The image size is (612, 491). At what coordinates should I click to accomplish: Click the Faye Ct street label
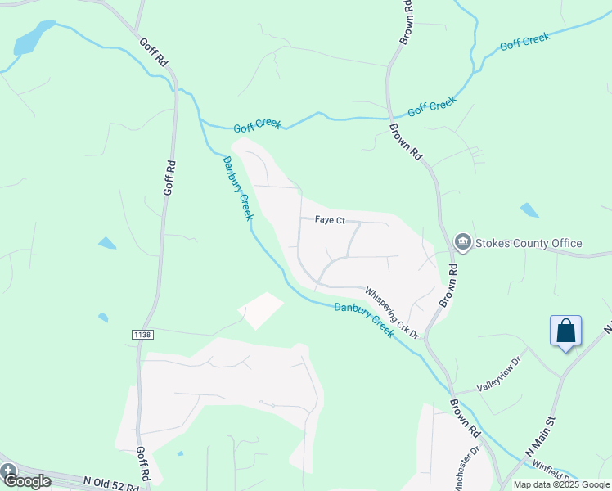[331, 220]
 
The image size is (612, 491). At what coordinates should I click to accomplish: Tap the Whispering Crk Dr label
[391, 313]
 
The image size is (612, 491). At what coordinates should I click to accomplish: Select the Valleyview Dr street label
[499, 373]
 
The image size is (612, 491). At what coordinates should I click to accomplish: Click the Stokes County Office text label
[528, 243]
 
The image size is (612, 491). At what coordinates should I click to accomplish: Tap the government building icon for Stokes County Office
[462, 242]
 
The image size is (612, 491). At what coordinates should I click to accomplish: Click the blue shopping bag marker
[565, 331]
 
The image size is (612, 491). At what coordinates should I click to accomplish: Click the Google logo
[27, 480]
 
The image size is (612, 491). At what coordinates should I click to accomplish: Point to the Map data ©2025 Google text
[560, 484]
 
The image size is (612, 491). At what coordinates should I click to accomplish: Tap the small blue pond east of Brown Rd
[529, 209]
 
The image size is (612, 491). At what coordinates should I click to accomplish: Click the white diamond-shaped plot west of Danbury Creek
[260, 311]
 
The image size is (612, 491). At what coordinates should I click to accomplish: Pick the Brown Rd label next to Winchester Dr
[463, 417]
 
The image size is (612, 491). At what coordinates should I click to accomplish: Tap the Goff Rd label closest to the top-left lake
[153, 52]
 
